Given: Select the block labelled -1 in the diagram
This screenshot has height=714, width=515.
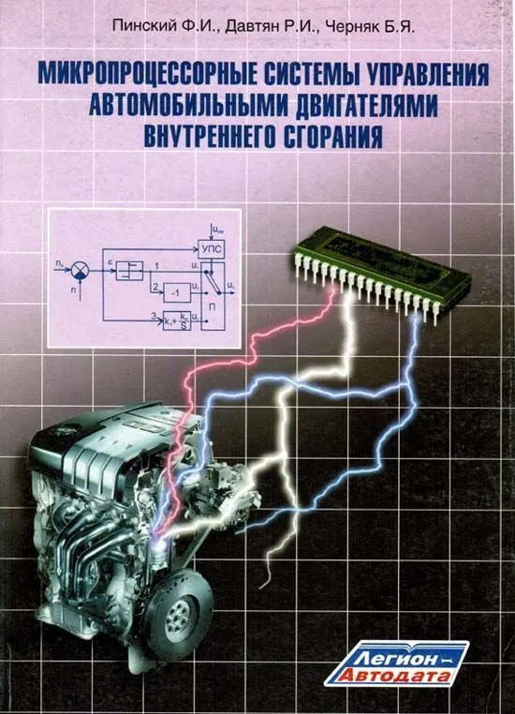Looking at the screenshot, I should click(175, 291).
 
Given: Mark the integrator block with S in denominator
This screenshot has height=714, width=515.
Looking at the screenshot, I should click(175, 320).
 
